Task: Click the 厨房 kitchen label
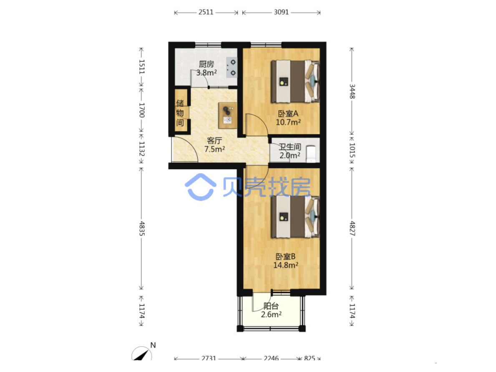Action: pos(206,64)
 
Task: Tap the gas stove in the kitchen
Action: pos(232,68)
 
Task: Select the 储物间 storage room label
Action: pos(180,113)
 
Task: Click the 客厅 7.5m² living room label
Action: pos(214,145)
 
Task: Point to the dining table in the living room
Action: pos(228,115)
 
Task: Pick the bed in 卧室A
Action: pos(295,81)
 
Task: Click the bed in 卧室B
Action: pos(295,217)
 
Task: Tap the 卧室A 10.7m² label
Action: pos(288,118)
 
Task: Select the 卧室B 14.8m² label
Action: pos(286,261)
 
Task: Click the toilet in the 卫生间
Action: pos(311,154)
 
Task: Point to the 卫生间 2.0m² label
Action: pos(290,151)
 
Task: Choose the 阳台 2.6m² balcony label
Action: pos(271,310)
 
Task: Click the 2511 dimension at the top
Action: pos(206,12)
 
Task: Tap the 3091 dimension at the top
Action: pos(281,12)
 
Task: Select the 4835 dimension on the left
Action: pos(142,228)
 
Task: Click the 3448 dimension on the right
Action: pos(352,91)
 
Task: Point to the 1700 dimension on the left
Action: pos(142,110)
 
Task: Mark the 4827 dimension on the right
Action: pos(352,228)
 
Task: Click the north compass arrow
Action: pos(141,354)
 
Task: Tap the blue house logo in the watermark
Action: pos(201,187)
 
